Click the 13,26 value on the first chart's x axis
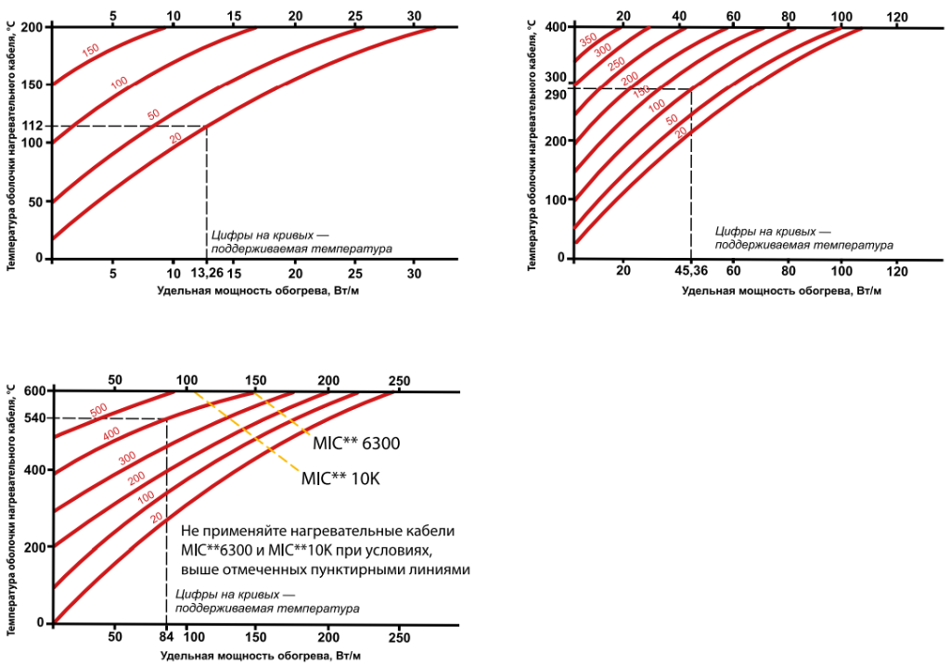(x=207, y=275)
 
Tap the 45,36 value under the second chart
(x=690, y=270)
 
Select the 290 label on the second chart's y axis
(x=556, y=94)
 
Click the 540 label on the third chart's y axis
(x=34, y=419)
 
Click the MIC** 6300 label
(x=356, y=443)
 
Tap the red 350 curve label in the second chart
(x=588, y=41)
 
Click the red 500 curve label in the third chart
(x=99, y=410)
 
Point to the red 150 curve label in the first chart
(x=91, y=50)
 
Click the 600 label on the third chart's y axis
(x=34, y=391)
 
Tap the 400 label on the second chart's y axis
(x=556, y=27)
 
